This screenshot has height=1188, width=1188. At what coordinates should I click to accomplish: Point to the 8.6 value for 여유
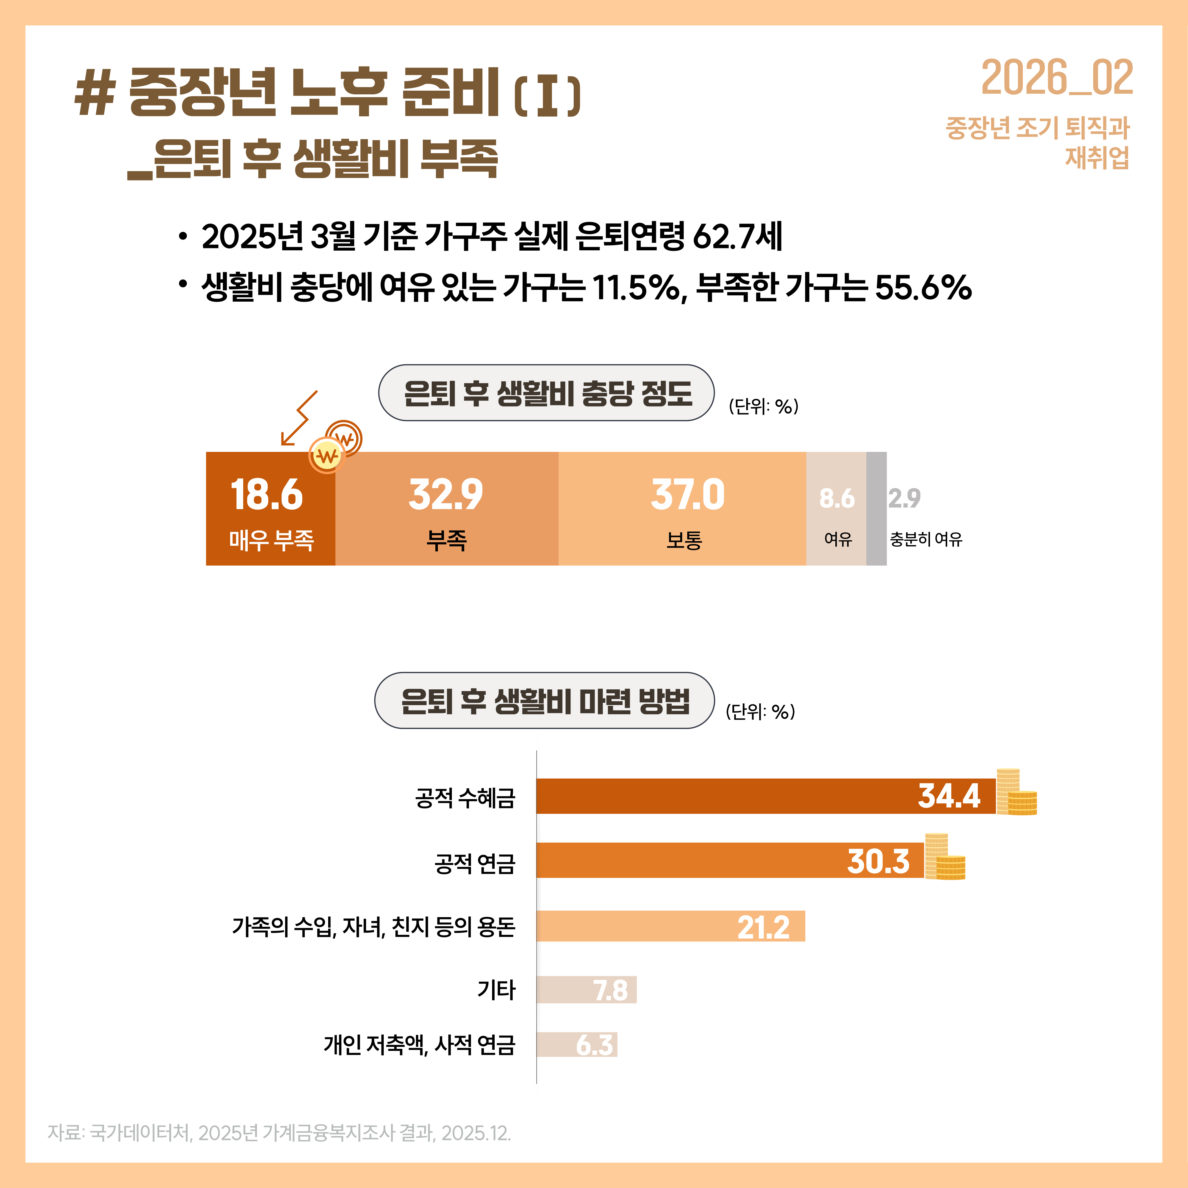pyautogui.click(x=836, y=498)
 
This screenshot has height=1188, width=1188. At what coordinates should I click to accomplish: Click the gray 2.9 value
pyautogui.click(x=904, y=498)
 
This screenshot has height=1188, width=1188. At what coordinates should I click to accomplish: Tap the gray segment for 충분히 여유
pyautogui.click(x=876, y=509)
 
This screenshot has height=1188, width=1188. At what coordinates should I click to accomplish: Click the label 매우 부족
pyautogui.click(x=271, y=540)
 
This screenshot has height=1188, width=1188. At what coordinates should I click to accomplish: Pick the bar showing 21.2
pyautogui.click(x=670, y=926)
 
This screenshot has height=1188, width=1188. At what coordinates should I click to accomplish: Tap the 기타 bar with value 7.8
pyautogui.click(x=586, y=990)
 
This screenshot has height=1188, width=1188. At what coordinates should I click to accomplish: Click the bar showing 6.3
pyautogui.click(x=576, y=1045)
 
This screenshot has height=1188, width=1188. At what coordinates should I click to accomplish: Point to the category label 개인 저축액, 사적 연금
pyautogui.click(x=419, y=1045)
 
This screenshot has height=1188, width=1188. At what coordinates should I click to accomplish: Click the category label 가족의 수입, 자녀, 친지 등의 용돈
pyautogui.click(x=373, y=926)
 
